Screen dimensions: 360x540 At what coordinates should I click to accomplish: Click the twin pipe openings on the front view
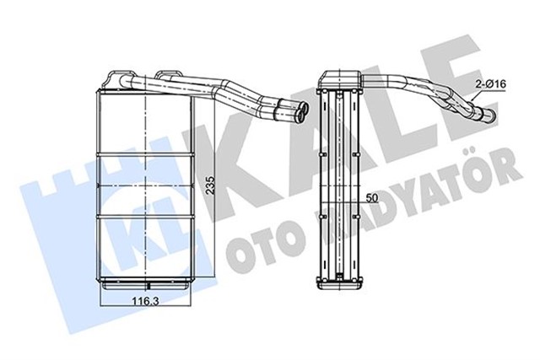pyautogui.click(x=296, y=109)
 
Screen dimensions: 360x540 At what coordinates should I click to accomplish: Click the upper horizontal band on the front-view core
pyautogui.click(x=148, y=156)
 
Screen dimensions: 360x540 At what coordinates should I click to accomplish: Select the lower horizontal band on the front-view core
pyautogui.click(x=148, y=218)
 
